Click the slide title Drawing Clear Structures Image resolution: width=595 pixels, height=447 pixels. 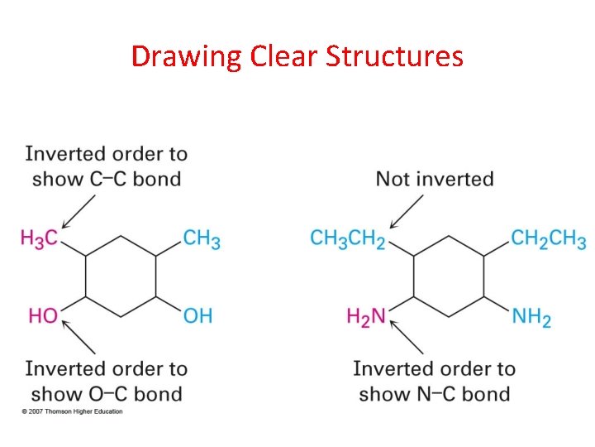pos(297,56)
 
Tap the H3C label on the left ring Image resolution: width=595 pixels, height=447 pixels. pos(39,238)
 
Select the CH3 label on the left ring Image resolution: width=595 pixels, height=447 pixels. pos(202,238)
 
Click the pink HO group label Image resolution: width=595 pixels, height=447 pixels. pos(43,315)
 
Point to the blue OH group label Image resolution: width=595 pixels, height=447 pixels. pos(198,315)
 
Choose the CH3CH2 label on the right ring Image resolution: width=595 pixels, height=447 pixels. pos(348,238)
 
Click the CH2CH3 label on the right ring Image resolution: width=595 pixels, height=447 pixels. pos(549,238)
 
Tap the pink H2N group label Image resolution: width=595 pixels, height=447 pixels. pos(366,316)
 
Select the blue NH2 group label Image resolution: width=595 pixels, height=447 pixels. pos(531,316)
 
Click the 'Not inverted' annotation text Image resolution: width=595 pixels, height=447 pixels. pos(435,179)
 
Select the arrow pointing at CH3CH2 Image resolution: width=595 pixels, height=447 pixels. pos(407,209)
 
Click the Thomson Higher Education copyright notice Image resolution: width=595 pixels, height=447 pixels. pos(73,411)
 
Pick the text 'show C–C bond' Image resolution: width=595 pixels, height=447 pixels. pos(106,179)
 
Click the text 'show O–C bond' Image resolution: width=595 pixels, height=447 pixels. pos(107,393)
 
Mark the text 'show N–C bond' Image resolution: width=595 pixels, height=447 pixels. pos(434,393)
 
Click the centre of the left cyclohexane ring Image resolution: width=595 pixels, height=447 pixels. pos(121,276)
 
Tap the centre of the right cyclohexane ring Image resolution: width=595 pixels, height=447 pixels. pos(448,276)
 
